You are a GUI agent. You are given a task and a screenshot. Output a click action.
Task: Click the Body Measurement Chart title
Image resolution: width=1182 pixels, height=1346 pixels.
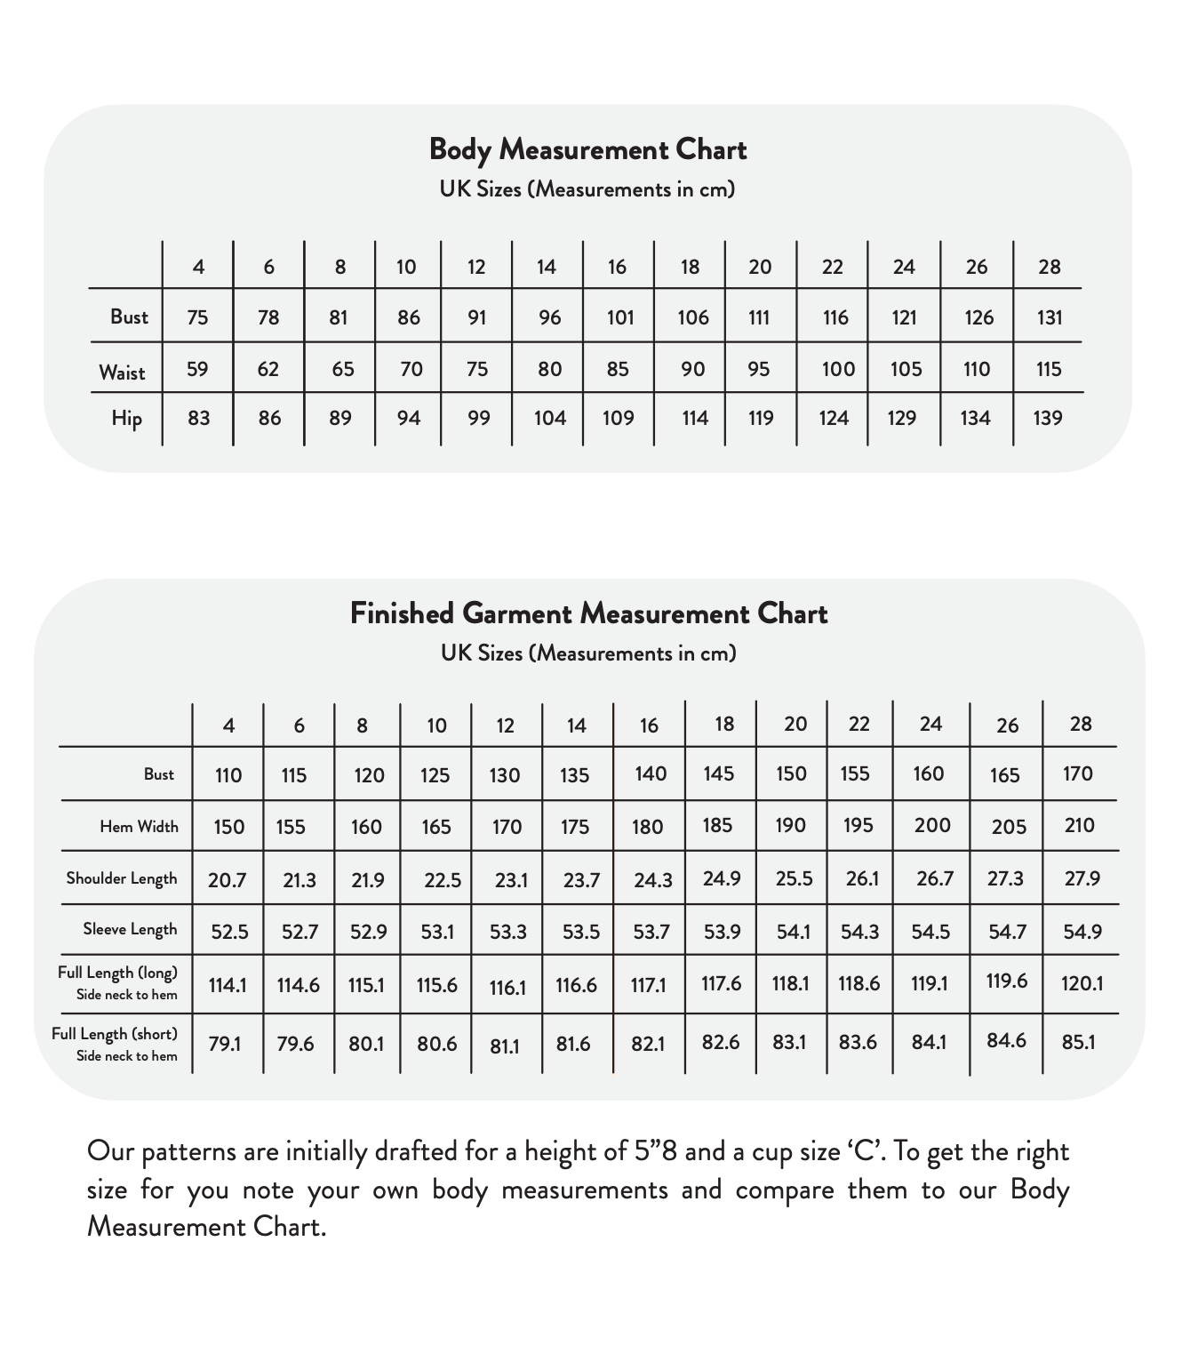click(587, 149)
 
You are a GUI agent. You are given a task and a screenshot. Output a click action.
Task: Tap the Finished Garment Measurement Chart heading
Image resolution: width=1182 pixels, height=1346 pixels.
click(588, 613)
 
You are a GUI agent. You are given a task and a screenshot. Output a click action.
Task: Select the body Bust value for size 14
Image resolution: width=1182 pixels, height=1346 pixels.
click(549, 317)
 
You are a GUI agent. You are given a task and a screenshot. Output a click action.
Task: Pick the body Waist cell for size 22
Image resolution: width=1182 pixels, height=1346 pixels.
click(837, 369)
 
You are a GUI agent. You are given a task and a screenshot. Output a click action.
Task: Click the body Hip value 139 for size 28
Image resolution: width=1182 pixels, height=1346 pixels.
click(1048, 418)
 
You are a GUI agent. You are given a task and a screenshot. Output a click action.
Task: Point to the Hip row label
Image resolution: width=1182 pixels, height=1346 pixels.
click(126, 418)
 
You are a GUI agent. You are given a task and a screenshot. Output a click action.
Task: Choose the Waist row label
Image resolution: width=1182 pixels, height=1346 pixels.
click(122, 372)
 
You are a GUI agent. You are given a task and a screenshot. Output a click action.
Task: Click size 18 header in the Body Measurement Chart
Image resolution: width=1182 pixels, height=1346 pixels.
click(690, 267)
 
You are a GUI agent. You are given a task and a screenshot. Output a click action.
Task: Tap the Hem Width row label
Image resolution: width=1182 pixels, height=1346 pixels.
click(139, 827)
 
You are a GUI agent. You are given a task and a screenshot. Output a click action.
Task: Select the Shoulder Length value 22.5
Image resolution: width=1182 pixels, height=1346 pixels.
click(442, 880)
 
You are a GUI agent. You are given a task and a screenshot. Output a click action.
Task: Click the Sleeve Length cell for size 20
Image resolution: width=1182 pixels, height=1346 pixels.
click(793, 931)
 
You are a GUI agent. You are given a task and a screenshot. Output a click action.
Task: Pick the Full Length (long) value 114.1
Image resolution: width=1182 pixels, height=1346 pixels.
click(228, 985)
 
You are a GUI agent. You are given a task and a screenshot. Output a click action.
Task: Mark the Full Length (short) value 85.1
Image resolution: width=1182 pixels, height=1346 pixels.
click(1078, 1041)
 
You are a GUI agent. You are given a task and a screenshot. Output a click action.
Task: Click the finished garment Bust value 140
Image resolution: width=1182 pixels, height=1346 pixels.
click(651, 773)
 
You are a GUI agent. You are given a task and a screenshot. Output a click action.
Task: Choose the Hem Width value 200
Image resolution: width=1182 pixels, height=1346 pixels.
click(932, 825)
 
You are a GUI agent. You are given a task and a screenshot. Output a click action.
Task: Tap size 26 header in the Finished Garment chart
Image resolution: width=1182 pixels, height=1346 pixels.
click(1007, 725)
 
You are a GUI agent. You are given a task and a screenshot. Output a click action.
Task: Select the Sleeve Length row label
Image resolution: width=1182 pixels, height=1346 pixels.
click(130, 930)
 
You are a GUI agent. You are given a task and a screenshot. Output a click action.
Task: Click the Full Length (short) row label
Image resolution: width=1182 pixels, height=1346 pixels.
click(115, 1034)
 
